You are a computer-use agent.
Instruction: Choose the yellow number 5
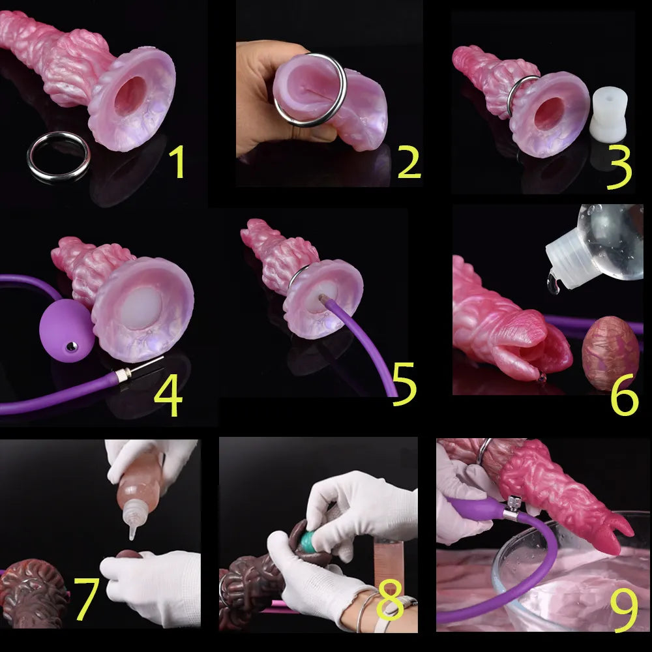(404, 385)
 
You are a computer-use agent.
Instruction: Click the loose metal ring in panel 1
(58, 156)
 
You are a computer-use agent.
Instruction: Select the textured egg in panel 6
(610, 352)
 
